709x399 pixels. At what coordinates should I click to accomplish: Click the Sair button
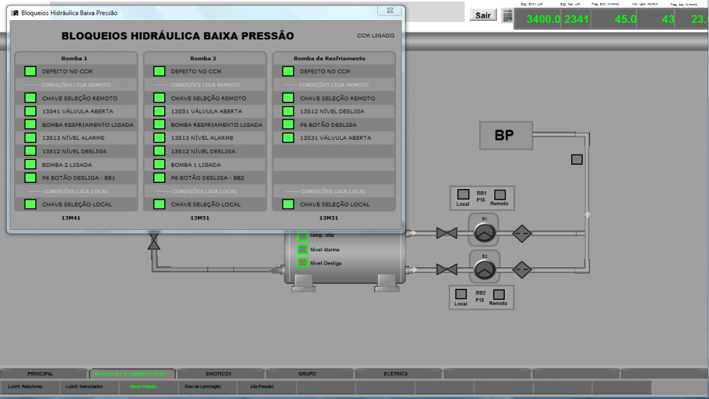point(483,15)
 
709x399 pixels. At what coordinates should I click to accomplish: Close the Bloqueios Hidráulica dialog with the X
point(390,11)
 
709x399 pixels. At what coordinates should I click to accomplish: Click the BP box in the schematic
point(505,136)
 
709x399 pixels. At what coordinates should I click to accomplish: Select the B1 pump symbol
point(485,233)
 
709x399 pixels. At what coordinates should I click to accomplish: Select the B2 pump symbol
point(485,268)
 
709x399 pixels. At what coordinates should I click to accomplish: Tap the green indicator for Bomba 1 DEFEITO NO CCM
point(30,71)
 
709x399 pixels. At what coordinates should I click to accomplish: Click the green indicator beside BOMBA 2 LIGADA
point(30,165)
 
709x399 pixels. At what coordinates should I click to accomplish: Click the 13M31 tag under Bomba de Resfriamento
point(328,218)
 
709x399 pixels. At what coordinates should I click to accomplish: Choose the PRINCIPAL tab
point(40,374)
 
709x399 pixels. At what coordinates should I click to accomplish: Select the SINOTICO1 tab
point(219,374)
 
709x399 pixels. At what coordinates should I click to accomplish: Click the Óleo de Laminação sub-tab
point(201,386)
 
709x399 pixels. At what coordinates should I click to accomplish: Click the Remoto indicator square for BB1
point(500,195)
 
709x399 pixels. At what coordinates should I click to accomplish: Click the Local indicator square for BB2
point(460,294)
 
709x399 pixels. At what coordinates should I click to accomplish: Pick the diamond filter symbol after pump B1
point(523,233)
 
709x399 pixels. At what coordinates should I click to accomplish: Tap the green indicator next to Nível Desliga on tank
point(303,263)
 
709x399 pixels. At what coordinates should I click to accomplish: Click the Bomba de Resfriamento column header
point(330,58)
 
